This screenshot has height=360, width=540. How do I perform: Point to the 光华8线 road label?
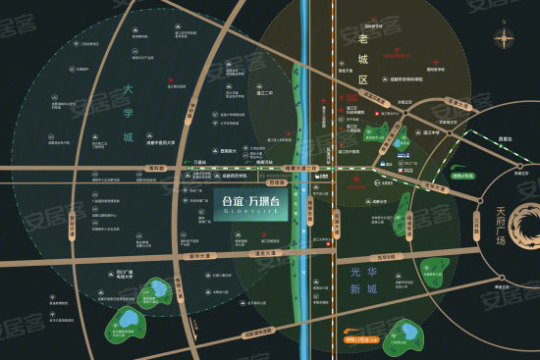coord(397,257)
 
